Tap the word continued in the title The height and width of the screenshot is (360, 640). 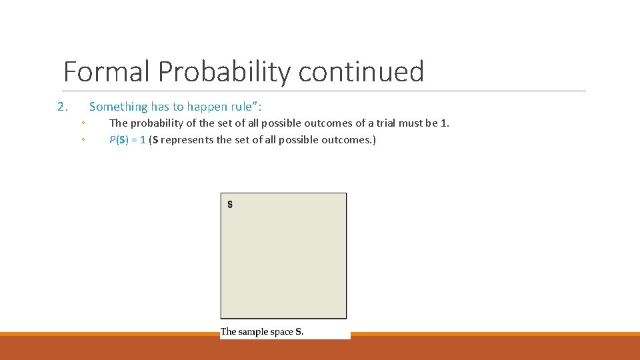point(361,71)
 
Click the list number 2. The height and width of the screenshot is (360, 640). point(62,107)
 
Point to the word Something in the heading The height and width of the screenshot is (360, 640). point(118,107)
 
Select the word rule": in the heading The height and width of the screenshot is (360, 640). point(248,107)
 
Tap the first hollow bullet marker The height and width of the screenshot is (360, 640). point(81,123)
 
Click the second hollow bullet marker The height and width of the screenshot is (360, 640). point(81,140)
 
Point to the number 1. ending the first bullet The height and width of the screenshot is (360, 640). point(445,123)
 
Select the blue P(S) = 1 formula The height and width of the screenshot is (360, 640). point(127,140)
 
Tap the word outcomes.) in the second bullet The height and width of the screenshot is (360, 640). point(353,140)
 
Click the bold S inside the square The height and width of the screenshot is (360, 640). point(230,205)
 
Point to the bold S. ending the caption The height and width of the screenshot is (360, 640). point(299,331)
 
